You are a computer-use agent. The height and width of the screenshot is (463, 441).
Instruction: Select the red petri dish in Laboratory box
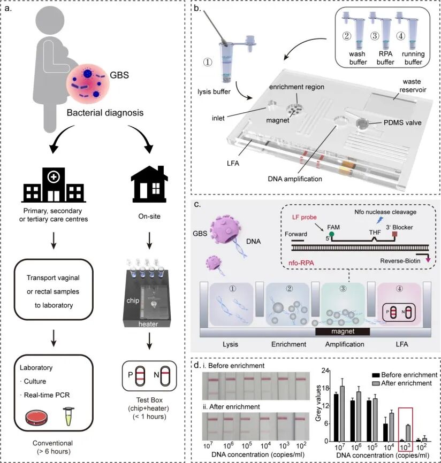click(x=36, y=418)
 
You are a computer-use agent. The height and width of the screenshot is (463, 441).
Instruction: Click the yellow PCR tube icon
click(x=69, y=416)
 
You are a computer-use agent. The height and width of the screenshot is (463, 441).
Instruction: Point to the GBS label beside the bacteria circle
click(x=119, y=75)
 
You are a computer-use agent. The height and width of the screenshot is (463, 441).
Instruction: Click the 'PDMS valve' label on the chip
click(x=402, y=122)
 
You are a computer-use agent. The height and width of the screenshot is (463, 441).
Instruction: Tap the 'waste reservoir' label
click(x=412, y=86)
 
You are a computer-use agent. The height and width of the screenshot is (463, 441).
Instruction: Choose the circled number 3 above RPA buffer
click(x=375, y=36)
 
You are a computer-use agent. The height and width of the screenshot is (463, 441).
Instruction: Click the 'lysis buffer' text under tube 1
click(x=214, y=91)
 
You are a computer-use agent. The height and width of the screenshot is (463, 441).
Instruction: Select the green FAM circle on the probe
click(x=331, y=235)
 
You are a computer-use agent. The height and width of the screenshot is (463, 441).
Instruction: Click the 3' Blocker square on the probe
click(x=394, y=234)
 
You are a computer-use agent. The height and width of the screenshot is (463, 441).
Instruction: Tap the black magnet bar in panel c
click(x=343, y=331)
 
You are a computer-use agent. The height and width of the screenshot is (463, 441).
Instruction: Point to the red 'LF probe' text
click(x=304, y=217)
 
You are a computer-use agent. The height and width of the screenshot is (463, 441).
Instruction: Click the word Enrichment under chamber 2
click(x=289, y=344)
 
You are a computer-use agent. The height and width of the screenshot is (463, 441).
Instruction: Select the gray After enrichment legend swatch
click(x=376, y=383)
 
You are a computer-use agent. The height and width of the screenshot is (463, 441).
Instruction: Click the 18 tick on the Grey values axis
click(x=325, y=388)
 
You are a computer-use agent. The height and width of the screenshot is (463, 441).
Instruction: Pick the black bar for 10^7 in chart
click(x=336, y=418)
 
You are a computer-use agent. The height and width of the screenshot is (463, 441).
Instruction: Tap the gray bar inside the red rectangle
click(x=408, y=433)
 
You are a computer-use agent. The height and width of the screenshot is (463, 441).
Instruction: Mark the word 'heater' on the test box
click(x=148, y=324)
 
